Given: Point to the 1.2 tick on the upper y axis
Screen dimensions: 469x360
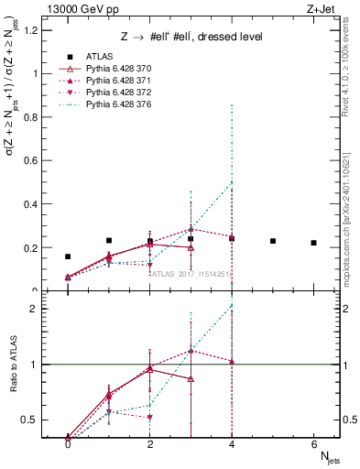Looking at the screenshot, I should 32,29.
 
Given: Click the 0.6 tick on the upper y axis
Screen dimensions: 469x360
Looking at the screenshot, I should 32,160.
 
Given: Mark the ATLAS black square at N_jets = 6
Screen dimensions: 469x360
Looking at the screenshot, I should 313,243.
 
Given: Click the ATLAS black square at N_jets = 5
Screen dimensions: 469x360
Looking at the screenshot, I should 273,241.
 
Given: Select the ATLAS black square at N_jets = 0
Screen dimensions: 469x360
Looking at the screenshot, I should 68,256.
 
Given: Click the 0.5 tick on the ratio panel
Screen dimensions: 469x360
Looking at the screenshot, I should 30,420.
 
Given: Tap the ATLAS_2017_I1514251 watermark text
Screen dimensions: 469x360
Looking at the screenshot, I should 191,273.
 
